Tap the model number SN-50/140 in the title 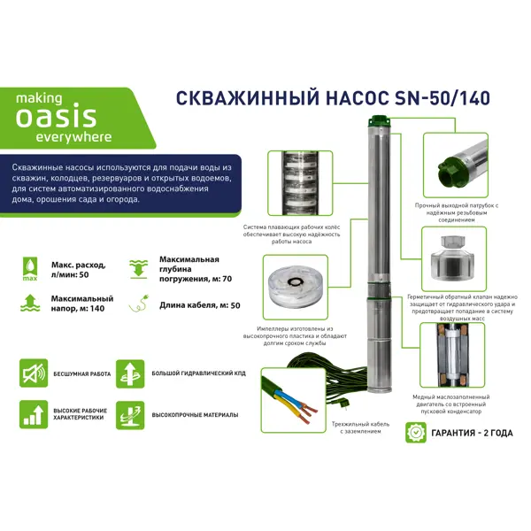point(442,98)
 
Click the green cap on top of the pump point(381,120)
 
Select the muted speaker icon point(34,373)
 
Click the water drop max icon point(30,269)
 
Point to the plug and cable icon point(139,303)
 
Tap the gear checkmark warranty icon point(416,433)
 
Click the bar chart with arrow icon point(34,414)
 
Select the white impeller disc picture point(296,287)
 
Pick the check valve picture point(454,259)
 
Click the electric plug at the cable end point(339,404)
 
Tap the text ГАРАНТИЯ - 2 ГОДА point(472,433)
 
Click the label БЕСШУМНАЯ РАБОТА point(82,373)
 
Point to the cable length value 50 point(235,305)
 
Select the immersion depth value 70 point(227,279)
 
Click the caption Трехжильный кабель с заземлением point(361,427)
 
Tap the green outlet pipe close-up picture point(456,165)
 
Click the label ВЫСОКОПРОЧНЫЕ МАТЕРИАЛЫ point(195,415)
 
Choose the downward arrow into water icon point(139,269)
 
